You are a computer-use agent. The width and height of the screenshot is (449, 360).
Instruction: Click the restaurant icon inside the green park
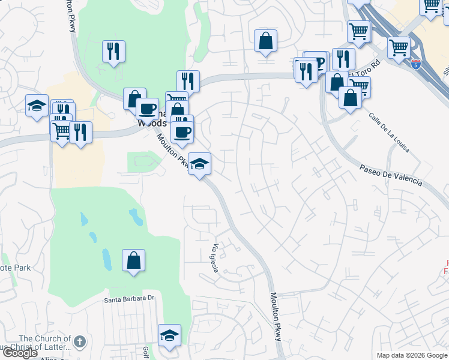tap(113, 52)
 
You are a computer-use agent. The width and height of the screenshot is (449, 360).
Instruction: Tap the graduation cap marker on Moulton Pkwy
tap(199, 163)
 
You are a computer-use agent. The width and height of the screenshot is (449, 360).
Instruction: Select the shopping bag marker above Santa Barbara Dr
tap(134, 261)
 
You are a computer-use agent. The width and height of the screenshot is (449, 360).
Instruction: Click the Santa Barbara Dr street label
tap(130, 298)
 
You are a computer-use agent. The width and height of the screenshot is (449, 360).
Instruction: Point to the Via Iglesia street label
tap(215, 258)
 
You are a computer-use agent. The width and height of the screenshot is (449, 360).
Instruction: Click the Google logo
tap(20, 353)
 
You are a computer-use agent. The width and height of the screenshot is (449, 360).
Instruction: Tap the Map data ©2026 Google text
tap(411, 355)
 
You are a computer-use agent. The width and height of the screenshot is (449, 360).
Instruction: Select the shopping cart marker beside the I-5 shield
tap(399, 47)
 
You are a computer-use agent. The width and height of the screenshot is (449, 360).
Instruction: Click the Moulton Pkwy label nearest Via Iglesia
tap(275, 316)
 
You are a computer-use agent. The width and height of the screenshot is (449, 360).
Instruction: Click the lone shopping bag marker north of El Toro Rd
tap(265, 41)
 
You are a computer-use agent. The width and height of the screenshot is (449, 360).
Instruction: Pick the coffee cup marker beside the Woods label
tap(147, 109)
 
